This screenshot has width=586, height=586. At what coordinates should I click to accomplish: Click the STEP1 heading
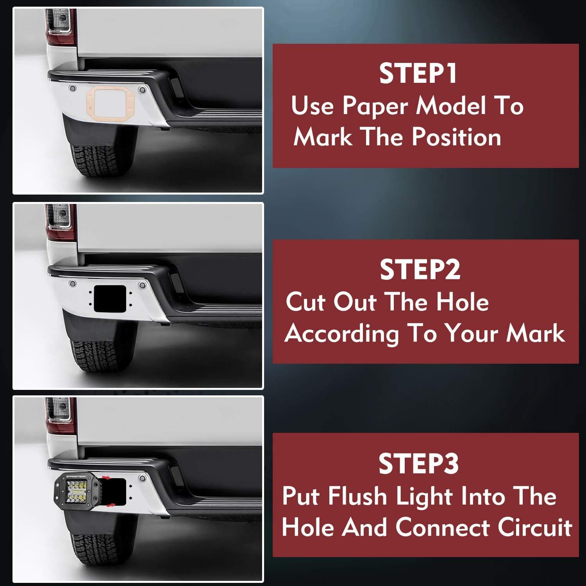tap(418, 73)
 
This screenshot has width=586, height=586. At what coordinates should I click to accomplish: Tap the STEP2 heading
tap(420, 270)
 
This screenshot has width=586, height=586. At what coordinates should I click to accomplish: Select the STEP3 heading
tap(418, 464)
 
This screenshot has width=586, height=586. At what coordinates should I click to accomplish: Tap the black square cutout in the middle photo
tap(110, 298)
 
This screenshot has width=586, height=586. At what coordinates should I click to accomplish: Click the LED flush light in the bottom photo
tap(78, 492)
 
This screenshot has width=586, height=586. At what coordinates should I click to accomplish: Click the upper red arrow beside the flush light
tap(105, 478)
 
